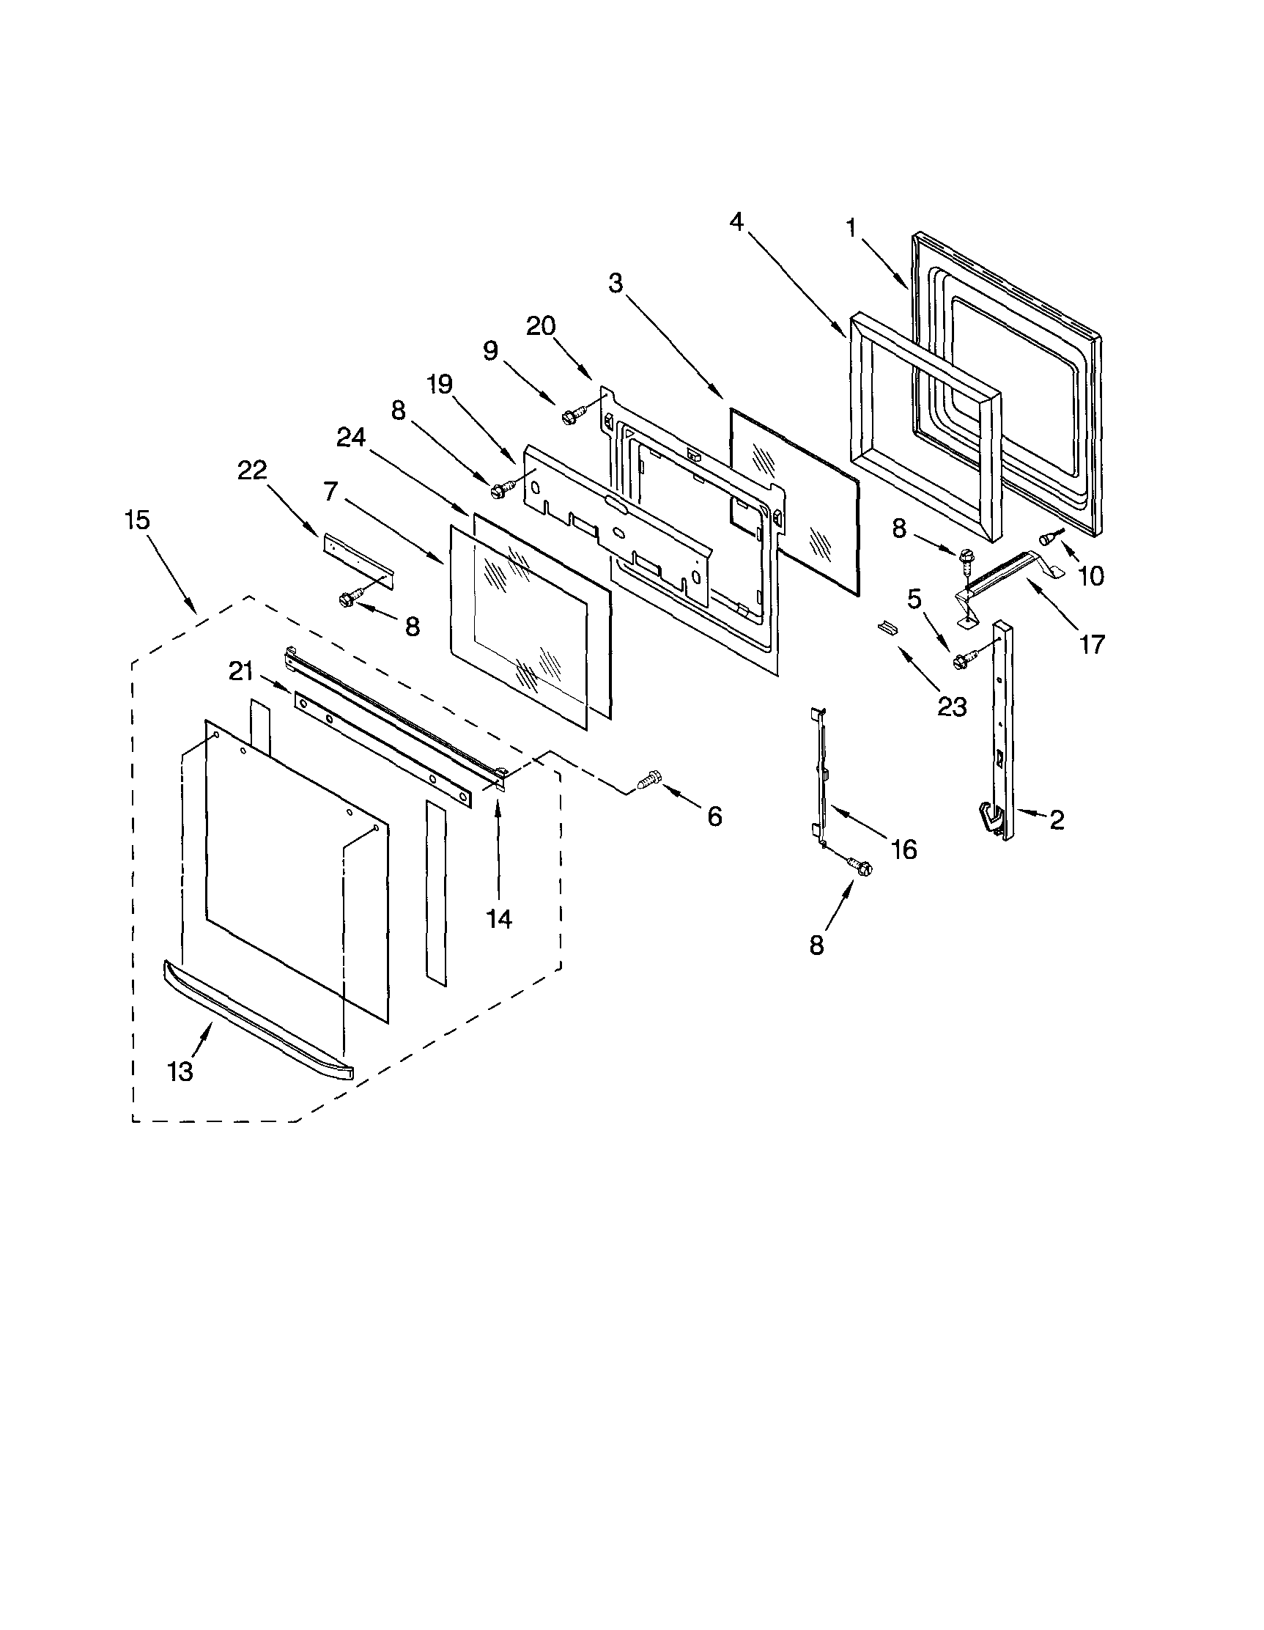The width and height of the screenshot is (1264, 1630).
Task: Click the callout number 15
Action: [138, 520]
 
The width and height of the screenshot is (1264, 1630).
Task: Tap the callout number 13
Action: [180, 1071]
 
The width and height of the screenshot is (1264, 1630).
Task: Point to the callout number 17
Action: [1092, 643]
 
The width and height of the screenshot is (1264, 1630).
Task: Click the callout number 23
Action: [952, 706]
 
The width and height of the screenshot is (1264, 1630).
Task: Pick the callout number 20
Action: [541, 326]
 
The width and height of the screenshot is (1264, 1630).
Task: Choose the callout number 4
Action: [736, 221]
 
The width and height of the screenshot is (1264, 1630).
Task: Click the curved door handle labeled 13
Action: [257, 1019]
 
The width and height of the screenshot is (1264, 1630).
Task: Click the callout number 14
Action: [499, 919]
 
